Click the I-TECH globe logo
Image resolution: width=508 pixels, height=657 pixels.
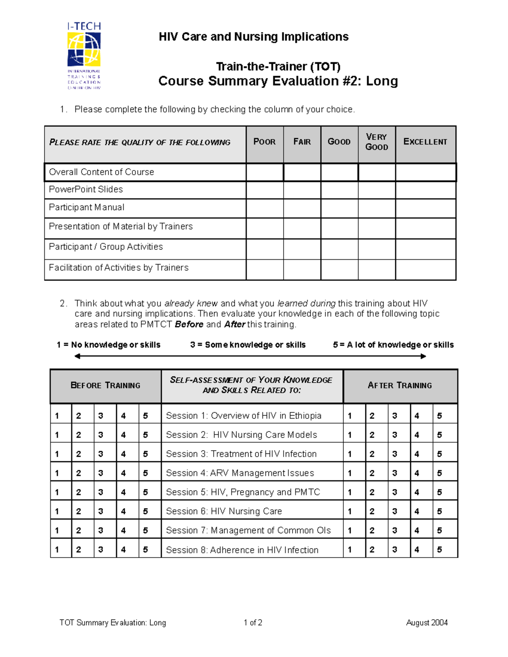pos(84,49)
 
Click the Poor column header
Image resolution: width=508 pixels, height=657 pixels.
pos(265,142)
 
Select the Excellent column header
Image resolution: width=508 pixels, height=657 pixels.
pos(425,142)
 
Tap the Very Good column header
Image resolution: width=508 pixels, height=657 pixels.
pos(376,142)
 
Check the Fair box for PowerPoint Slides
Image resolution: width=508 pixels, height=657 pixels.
pos(302,190)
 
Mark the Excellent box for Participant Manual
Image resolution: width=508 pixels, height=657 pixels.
pos(425,208)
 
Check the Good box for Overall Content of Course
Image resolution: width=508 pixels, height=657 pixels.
pos(339,173)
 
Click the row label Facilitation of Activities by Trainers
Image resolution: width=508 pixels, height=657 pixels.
pos(119,268)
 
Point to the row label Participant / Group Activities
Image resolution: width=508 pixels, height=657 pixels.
pos(106,247)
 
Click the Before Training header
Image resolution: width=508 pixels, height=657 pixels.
pos(105,385)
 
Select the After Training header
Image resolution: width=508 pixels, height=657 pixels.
pos(400,385)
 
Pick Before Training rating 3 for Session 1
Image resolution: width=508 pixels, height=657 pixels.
pos(101,416)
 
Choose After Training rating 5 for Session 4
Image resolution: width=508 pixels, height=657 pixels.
pos(439,473)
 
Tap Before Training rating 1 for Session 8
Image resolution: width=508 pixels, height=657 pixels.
pos(57,550)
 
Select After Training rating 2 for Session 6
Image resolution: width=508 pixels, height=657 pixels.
pos(372,511)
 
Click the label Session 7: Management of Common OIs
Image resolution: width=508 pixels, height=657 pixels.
pos(248,531)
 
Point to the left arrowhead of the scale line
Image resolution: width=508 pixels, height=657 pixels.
pos(77,356)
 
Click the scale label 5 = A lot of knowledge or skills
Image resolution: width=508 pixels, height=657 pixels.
pos(393,345)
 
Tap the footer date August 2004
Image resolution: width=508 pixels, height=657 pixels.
pos(427,623)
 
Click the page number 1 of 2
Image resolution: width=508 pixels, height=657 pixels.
pos(253,623)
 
